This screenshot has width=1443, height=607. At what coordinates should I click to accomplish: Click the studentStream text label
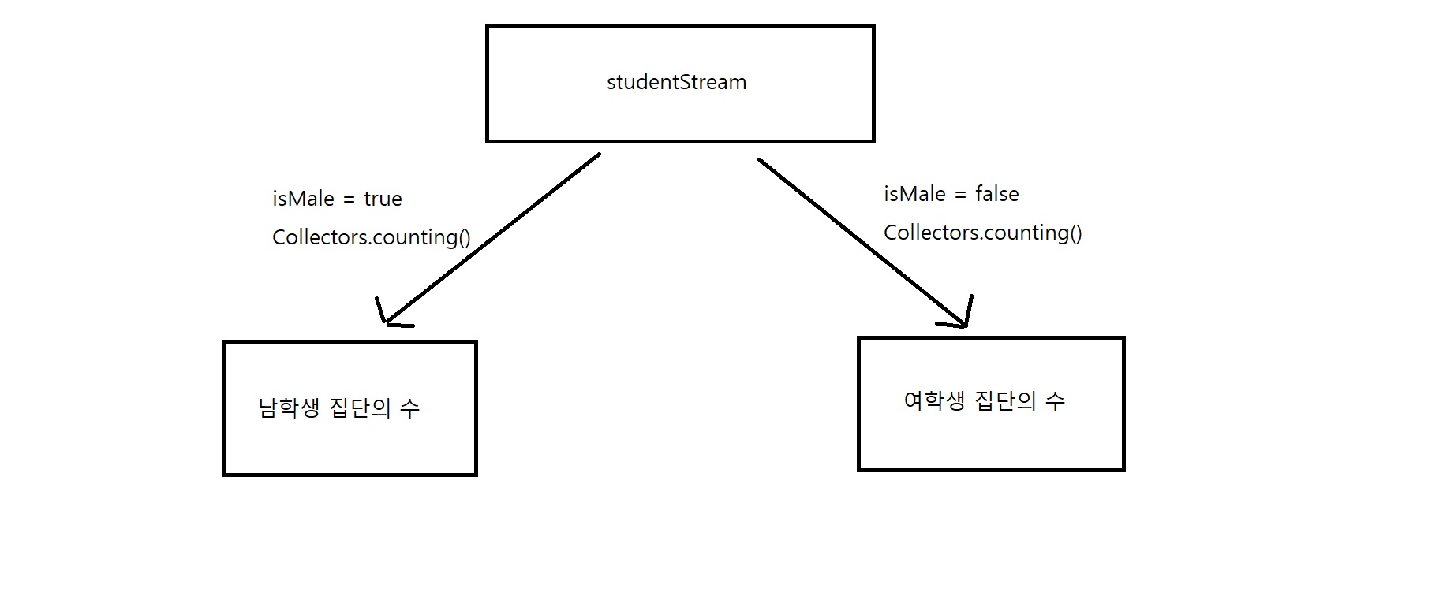click(676, 82)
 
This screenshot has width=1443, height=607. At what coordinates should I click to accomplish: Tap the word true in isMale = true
click(383, 199)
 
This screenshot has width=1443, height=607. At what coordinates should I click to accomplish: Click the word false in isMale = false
click(997, 194)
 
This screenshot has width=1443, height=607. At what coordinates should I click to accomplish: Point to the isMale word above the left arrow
click(303, 199)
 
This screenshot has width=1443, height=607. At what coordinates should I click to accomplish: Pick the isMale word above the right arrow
click(914, 194)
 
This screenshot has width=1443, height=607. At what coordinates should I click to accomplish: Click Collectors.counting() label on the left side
click(372, 237)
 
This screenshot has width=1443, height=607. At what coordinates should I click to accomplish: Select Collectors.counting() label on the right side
click(983, 233)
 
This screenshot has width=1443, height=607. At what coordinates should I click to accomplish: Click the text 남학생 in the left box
click(290, 408)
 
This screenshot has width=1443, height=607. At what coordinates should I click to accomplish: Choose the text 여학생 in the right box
click(935, 401)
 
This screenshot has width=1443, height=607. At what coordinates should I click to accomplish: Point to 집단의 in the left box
click(360, 408)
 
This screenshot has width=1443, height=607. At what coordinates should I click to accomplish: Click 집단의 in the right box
click(1006, 401)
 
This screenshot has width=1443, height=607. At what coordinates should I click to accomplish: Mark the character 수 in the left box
click(409, 408)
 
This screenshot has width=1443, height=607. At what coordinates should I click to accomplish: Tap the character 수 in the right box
click(1055, 401)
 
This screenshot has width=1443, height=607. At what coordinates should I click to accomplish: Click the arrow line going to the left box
click(492, 237)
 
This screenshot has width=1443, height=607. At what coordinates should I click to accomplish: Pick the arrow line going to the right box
click(861, 242)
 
